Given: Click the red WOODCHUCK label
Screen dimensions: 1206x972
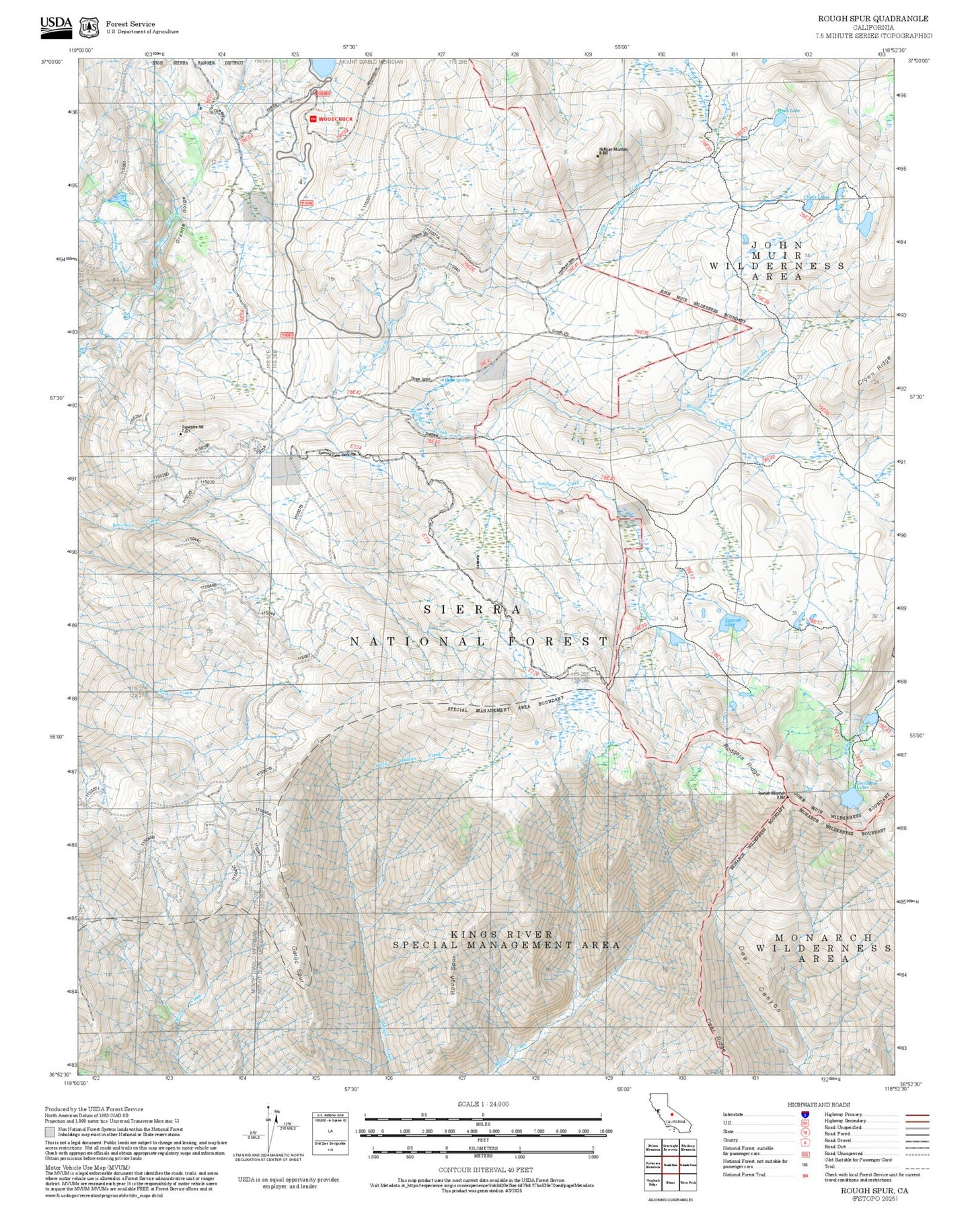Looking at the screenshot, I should (x=334, y=119).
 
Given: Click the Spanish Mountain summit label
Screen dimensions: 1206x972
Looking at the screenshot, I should (x=772, y=793).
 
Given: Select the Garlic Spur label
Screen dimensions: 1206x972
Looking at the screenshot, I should (x=295, y=966).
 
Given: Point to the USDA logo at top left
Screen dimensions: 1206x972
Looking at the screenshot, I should (x=56, y=25).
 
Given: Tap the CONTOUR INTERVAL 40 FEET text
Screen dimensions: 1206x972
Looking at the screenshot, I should (x=485, y=1170).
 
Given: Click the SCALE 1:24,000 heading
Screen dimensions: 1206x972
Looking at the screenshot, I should (x=482, y=1104).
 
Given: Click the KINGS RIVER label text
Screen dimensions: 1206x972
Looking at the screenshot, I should (x=501, y=934).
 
